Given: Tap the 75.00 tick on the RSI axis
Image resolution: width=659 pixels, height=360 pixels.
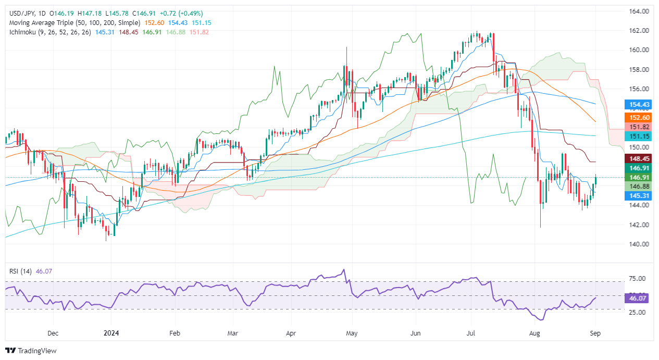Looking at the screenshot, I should [638, 279].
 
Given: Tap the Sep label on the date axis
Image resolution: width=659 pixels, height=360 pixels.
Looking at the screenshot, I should [596, 332].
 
